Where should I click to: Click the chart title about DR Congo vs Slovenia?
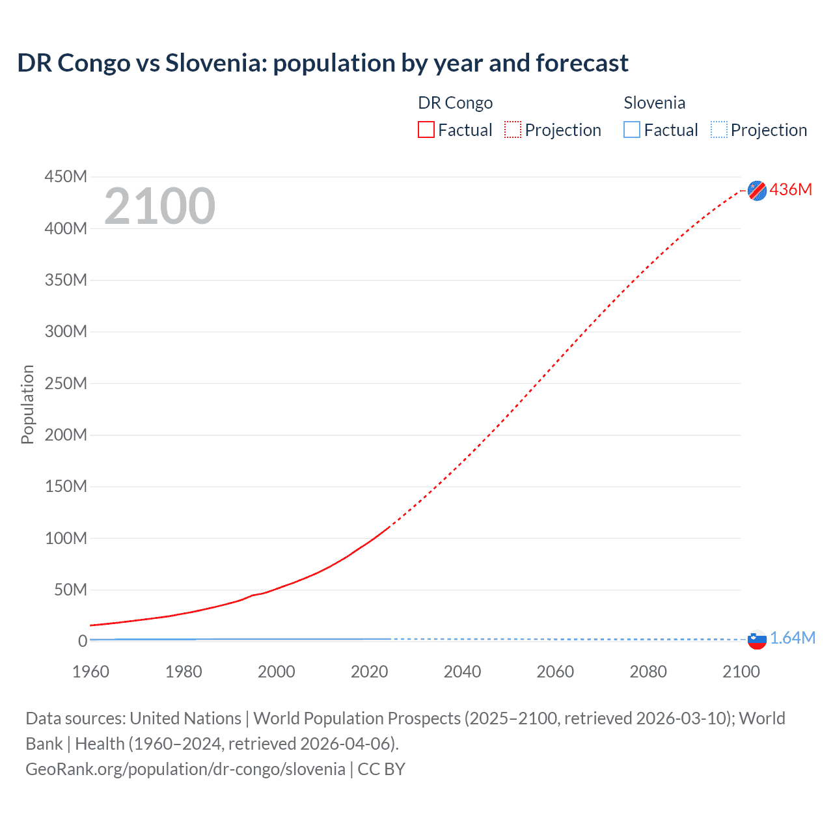(x=322, y=63)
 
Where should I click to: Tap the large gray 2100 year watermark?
(x=159, y=206)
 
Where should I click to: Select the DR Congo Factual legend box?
(x=426, y=130)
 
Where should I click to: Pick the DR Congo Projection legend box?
(x=513, y=130)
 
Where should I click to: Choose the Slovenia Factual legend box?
(x=632, y=130)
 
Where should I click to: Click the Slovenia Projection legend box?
(x=718, y=130)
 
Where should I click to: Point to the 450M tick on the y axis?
(x=66, y=177)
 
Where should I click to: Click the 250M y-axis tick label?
(x=66, y=383)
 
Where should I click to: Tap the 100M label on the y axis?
(x=66, y=538)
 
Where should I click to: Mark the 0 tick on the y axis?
(x=82, y=641)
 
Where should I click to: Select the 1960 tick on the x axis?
(x=90, y=672)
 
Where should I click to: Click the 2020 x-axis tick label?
(x=369, y=672)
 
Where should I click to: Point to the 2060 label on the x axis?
(x=555, y=672)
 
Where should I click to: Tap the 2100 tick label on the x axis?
(x=741, y=672)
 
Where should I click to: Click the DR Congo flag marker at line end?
(x=757, y=190)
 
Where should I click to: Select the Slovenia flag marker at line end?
(x=757, y=640)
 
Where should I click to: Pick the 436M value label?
(x=791, y=189)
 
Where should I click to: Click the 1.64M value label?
(x=792, y=638)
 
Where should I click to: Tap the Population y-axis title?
(x=27, y=404)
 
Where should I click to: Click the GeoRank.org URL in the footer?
(x=185, y=769)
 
